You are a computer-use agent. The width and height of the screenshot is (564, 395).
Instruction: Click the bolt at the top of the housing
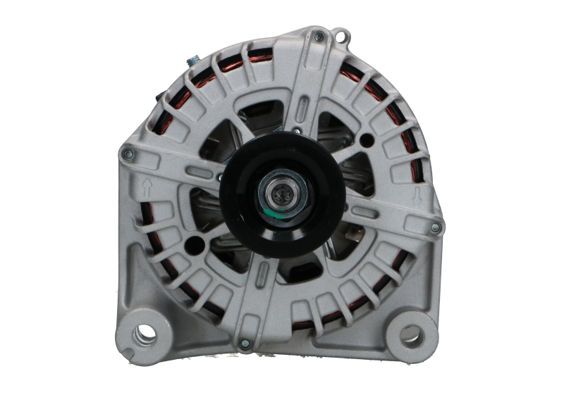pyautogui.click(x=319, y=37)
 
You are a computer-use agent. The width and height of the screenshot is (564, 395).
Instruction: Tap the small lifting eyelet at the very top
pyautogui.click(x=343, y=34)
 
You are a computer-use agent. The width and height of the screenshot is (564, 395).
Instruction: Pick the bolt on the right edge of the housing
pyautogui.click(x=435, y=226)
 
